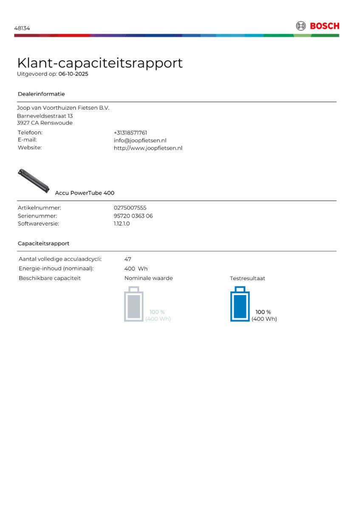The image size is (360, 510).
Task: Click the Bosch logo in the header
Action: pos(317,26)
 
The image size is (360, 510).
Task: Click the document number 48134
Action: pos(22,28)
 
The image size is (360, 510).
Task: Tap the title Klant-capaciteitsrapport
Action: pos(100,63)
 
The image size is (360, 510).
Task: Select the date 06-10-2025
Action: pos(73,74)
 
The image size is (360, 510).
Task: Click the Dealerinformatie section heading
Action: pos(41,94)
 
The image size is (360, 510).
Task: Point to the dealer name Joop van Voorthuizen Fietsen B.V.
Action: pos(63,108)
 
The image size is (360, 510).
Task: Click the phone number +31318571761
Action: pos(130,133)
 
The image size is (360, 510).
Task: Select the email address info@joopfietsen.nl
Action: pos(140,140)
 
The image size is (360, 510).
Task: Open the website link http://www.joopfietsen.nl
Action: pos(148,148)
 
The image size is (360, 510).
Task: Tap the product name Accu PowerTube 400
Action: pos(85,193)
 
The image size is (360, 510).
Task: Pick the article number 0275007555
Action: pos(130,208)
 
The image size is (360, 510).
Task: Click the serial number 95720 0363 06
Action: pos(133,216)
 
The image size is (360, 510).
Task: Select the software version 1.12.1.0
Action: pos(122,224)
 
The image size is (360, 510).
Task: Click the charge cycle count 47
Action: pos(128,259)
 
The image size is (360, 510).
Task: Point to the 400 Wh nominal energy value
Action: pos(136,269)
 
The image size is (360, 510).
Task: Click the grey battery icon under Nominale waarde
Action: pos(133,304)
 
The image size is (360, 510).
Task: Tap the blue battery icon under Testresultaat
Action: pos(240,304)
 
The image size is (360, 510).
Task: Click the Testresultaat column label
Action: pos(247,278)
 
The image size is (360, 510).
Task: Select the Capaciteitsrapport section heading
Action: pos(43,244)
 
